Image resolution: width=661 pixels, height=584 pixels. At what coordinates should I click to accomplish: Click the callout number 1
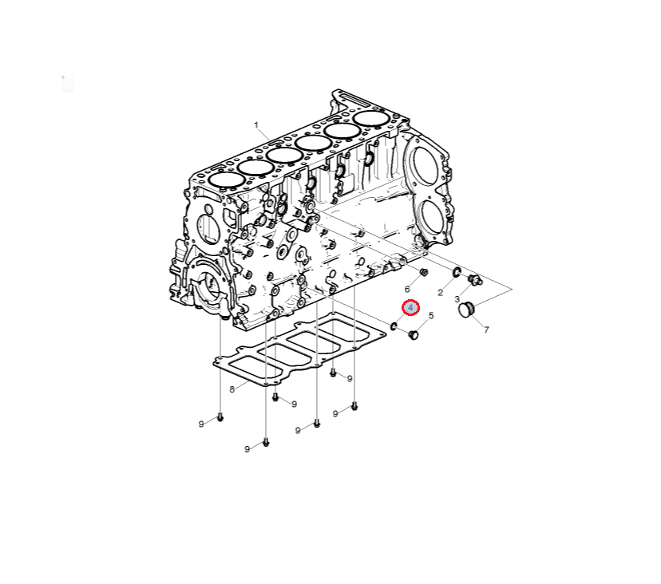click(256, 125)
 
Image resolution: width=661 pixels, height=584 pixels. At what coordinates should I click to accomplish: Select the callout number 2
click(441, 293)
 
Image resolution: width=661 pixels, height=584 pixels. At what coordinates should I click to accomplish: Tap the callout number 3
click(457, 299)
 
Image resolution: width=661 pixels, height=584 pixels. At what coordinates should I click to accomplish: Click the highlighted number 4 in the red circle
click(410, 308)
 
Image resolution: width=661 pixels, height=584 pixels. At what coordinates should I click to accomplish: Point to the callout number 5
click(431, 316)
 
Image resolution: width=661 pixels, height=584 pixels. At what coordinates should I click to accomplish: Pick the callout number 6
click(407, 289)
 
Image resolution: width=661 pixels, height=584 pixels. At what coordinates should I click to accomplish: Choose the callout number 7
click(486, 330)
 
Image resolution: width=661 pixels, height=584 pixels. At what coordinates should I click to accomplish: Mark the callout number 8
click(232, 389)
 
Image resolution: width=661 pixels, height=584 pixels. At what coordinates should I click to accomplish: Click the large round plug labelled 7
click(466, 310)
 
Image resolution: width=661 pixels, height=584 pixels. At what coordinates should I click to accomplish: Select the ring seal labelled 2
click(457, 272)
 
